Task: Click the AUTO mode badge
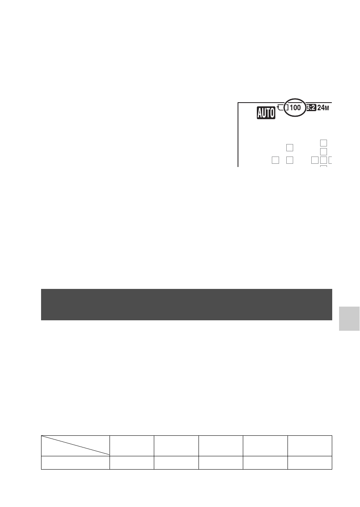pyautogui.click(x=266, y=113)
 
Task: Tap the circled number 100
pyautogui.click(x=295, y=108)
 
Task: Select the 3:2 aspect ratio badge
pyautogui.click(x=311, y=108)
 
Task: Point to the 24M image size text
pyautogui.click(x=323, y=108)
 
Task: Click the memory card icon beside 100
pyautogui.click(x=283, y=107)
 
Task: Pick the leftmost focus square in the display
pyautogui.click(x=275, y=160)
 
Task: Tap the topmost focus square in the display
pyautogui.click(x=323, y=143)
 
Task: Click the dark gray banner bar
pyautogui.click(x=186, y=305)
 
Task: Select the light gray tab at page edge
pyautogui.click(x=349, y=319)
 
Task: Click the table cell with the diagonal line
pyautogui.click(x=75, y=446)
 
